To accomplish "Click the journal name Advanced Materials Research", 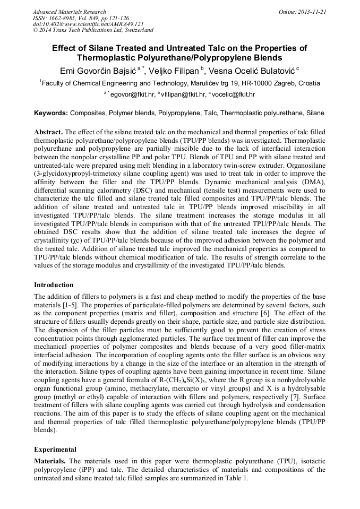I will click(x=69, y=12).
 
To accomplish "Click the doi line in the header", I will click(x=88, y=24).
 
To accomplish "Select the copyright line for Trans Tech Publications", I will click(x=93, y=31).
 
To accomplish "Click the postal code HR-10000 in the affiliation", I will click(x=242, y=83).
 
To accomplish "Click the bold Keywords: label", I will click(x=51, y=113).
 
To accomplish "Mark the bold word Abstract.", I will click(x=48, y=131).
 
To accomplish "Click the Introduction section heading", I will click(x=54, y=285).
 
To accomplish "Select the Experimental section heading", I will click(x=56, y=449).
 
